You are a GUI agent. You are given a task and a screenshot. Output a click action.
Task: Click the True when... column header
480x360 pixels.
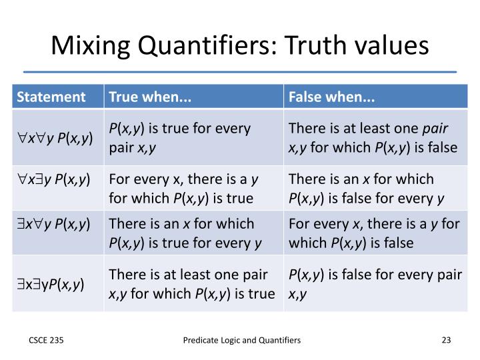coord(150,97)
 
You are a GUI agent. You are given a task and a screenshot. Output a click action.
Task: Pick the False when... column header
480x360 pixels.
coord(331,97)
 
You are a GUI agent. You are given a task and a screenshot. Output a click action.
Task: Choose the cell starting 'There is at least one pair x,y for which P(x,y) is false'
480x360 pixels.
coord(373,137)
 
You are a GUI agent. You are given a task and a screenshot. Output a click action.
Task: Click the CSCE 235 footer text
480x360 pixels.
coord(45,340)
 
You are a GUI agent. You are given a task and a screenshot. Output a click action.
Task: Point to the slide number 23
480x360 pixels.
coord(446,340)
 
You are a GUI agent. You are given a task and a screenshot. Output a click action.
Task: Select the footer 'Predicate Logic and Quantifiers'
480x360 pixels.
coord(242,340)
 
